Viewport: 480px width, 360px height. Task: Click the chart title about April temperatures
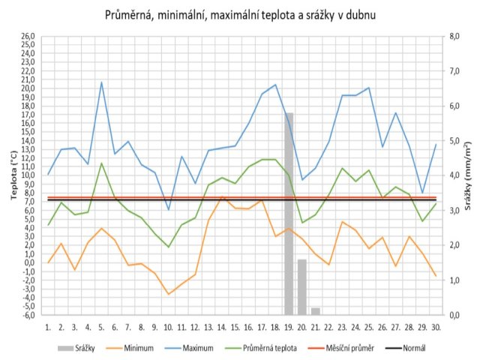(240, 15)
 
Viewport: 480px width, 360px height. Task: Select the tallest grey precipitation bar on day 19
(289, 214)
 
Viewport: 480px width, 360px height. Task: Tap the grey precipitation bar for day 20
(302, 287)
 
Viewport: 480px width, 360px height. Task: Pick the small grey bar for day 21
(316, 311)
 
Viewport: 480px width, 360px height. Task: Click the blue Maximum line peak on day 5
(102, 82)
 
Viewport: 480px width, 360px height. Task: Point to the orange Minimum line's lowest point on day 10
(168, 294)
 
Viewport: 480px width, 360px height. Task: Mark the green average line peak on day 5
(102, 163)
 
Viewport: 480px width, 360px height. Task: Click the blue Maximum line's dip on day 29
(423, 193)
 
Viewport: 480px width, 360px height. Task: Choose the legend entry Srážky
(76, 348)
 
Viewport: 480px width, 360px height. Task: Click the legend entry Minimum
(130, 348)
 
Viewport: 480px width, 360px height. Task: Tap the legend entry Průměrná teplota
(260, 348)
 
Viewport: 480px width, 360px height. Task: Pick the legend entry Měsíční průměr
(341, 348)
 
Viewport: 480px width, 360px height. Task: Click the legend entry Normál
(405, 348)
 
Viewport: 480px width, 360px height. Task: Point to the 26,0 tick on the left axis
(28, 36)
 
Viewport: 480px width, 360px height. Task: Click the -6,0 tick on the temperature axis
(28, 315)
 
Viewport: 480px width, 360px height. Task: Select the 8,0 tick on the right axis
(454, 36)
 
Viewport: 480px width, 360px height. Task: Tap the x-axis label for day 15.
(235, 328)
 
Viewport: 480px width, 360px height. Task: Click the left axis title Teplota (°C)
(13, 175)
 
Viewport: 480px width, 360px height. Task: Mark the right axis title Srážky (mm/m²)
(467, 175)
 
